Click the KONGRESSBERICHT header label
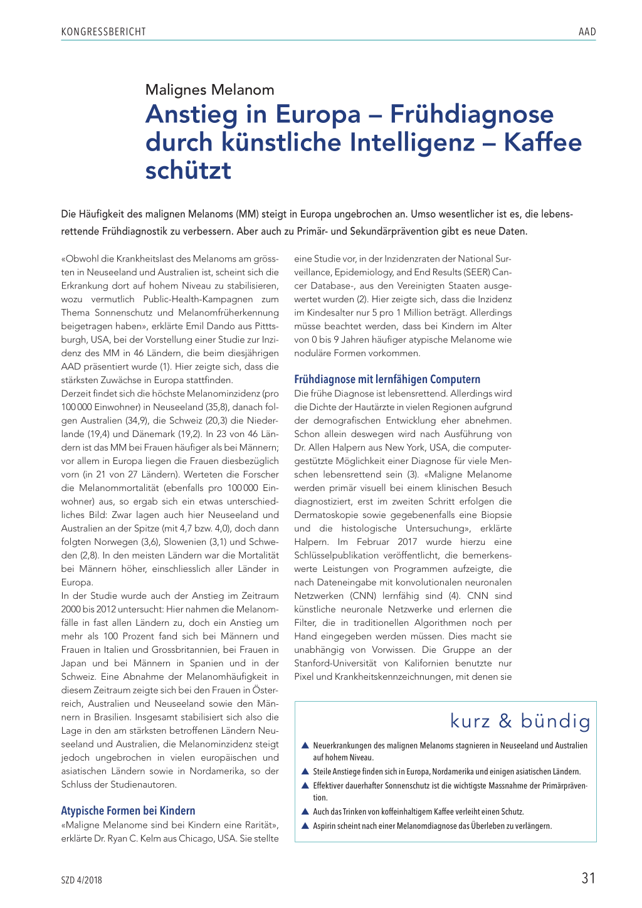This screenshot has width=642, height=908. pyautogui.click(x=103, y=31)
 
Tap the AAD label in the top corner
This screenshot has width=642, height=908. pyautogui.click(x=587, y=31)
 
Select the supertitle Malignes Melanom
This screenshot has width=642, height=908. pyautogui.click(x=209, y=90)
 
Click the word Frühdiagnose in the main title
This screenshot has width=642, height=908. pyautogui.click(x=471, y=114)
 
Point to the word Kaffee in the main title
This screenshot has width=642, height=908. pyautogui.click(x=543, y=142)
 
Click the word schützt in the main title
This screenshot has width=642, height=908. pyautogui.click(x=188, y=170)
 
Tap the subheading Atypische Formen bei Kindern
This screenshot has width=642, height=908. pyautogui.click(x=128, y=810)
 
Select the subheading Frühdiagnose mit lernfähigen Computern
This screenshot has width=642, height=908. pyautogui.click(x=387, y=379)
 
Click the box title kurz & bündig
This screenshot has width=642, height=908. pyautogui.click(x=520, y=721)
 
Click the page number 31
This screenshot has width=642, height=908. pyautogui.click(x=588, y=878)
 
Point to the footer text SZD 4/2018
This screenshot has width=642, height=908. pyautogui.click(x=82, y=880)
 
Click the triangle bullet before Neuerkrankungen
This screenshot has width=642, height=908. pyautogui.click(x=305, y=746)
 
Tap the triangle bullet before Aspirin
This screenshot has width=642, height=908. pyautogui.click(x=305, y=826)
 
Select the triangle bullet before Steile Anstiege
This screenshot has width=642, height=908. pyautogui.click(x=305, y=771)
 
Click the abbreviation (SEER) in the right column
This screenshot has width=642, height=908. pyautogui.click(x=471, y=272)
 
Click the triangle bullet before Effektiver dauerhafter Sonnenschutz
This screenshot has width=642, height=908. pyautogui.click(x=305, y=786)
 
